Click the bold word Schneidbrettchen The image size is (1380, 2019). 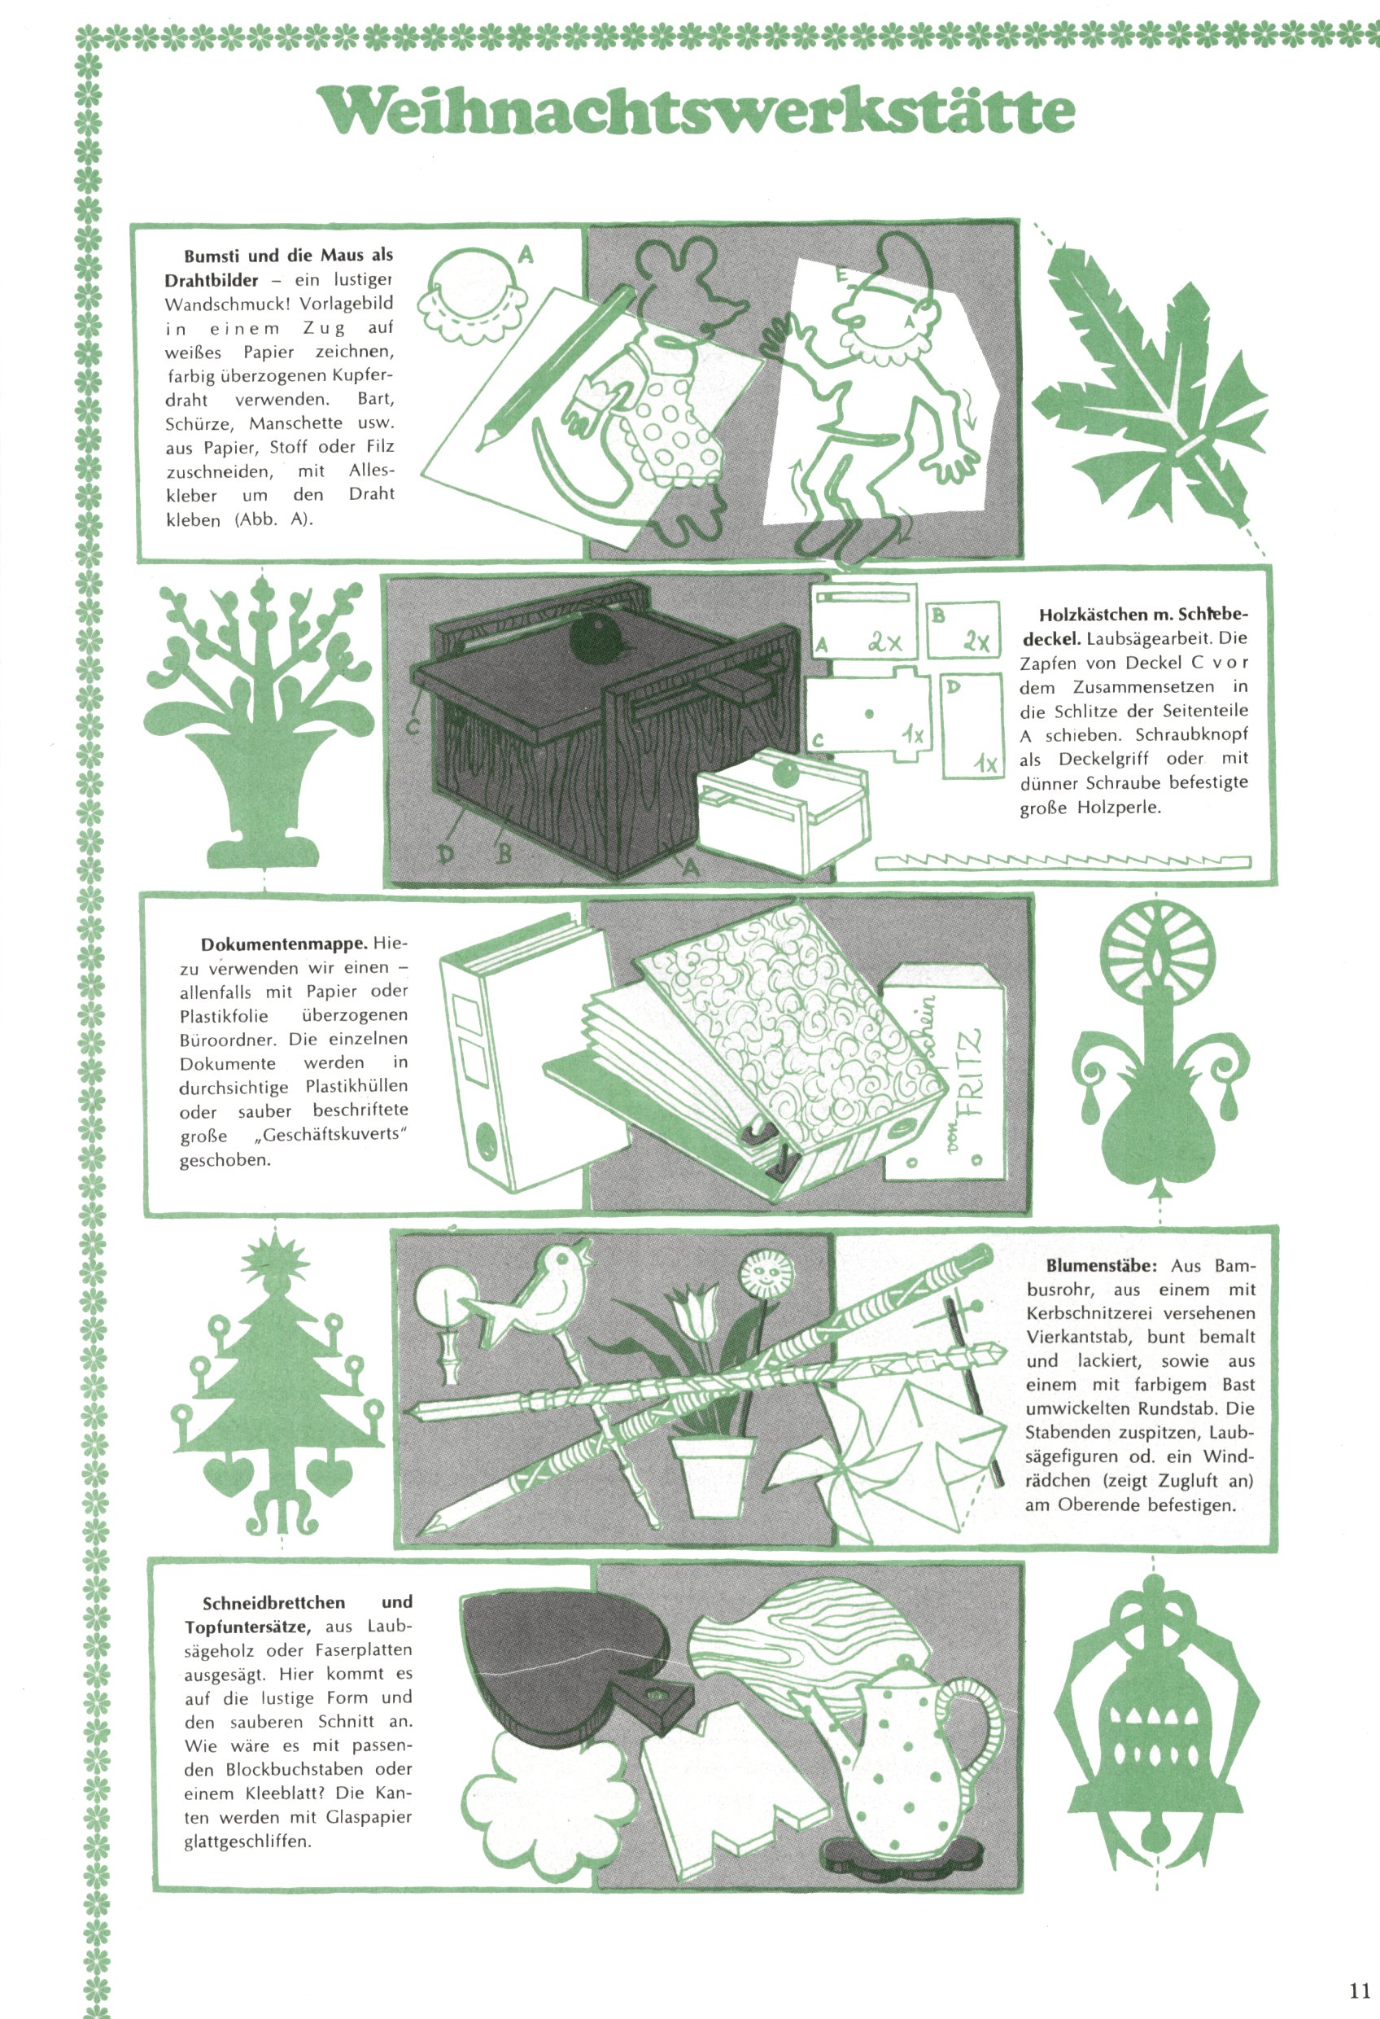[273, 1603]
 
